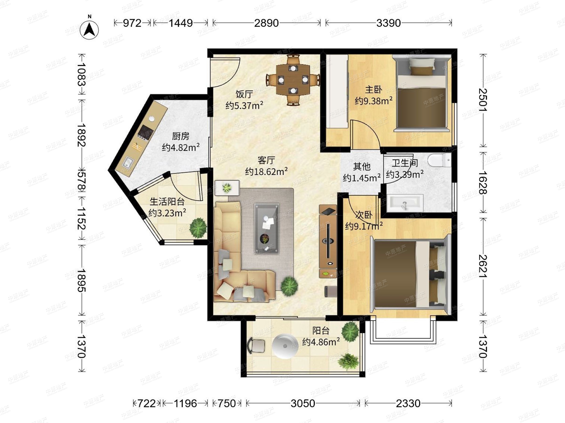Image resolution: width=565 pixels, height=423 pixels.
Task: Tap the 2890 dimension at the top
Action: tap(266, 23)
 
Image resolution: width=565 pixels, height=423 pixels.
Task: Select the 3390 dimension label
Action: tap(388, 23)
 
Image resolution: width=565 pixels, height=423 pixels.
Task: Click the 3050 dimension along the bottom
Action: tap(303, 403)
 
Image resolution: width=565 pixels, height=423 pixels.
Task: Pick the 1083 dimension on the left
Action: tap(82, 74)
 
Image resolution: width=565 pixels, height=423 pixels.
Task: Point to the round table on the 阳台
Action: tap(285, 346)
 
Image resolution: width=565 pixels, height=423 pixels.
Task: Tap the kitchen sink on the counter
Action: tap(128, 163)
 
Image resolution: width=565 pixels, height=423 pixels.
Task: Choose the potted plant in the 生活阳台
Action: tap(198, 227)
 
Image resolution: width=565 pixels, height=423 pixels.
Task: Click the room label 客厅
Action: tap(266, 160)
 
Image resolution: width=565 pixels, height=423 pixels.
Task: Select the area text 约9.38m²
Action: tap(373, 101)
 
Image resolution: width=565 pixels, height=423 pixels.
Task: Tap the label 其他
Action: tap(362, 166)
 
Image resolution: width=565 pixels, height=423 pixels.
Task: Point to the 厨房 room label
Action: tap(181, 136)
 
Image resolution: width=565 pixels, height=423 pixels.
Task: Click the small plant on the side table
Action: tap(227, 188)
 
